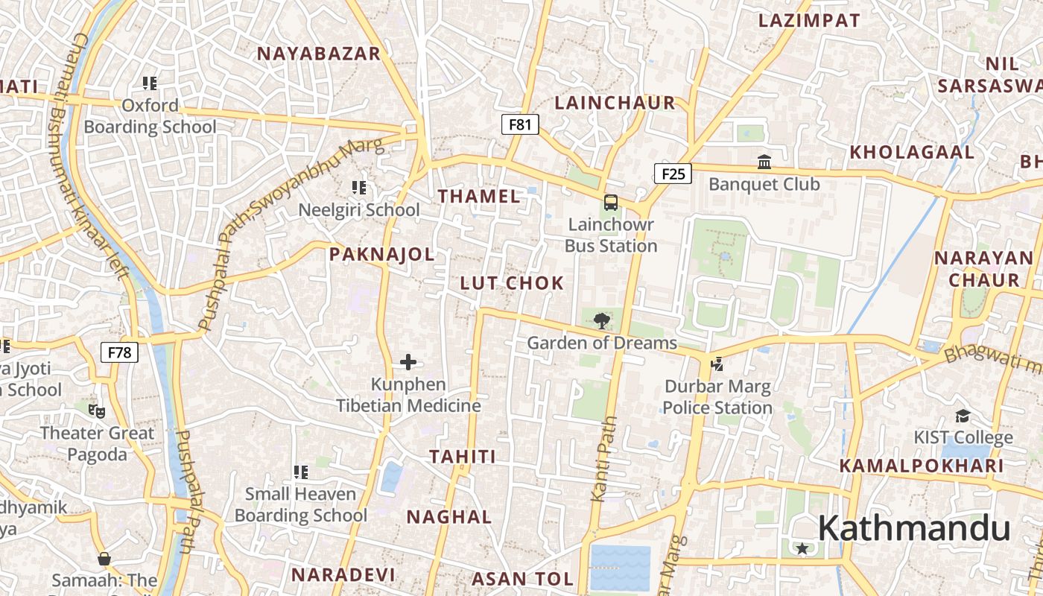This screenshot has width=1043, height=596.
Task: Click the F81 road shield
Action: pyautogui.click(x=519, y=124)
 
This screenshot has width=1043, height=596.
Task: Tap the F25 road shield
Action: pyautogui.click(x=673, y=174)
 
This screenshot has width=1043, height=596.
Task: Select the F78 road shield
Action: pyautogui.click(x=119, y=352)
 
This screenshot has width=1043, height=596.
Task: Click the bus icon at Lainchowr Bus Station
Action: pyautogui.click(x=610, y=202)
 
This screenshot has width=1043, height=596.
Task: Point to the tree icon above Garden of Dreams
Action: pyautogui.click(x=601, y=321)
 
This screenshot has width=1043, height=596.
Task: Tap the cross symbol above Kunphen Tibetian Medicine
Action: pyautogui.click(x=408, y=363)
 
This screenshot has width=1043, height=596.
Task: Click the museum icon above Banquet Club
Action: pyautogui.click(x=764, y=162)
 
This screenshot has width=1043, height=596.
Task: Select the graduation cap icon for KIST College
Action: pyautogui.click(x=963, y=416)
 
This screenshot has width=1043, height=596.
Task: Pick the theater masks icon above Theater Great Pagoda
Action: pyautogui.click(x=96, y=410)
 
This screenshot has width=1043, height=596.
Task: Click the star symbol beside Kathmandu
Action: pyautogui.click(x=802, y=549)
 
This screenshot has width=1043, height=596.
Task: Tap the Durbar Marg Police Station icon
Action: pyautogui.click(x=717, y=364)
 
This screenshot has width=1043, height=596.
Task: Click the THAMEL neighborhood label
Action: pyautogui.click(x=479, y=197)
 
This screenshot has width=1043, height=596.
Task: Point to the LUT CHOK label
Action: pyautogui.click(x=512, y=283)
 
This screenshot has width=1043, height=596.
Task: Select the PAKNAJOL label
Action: pyautogui.click(x=381, y=255)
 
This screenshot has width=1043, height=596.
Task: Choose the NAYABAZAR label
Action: pyautogui.click(x=319, y=54)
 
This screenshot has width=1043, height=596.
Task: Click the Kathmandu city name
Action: pyautogui.click(x=914, y=528)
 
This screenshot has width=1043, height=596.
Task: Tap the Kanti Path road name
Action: pyautogui.click(x=605, y=458)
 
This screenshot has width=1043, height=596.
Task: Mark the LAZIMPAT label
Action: pyautogui.click(x=809, y=21)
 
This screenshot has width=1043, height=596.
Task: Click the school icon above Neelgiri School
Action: pyautogui.click(x=359, y=187)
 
